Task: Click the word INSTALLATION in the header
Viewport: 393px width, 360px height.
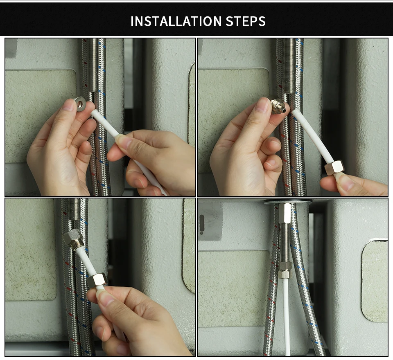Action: (176, 21)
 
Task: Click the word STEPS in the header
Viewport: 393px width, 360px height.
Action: (246, 21)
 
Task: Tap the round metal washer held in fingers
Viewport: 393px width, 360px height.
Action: (81, 104)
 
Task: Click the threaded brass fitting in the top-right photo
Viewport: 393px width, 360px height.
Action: (278, 106)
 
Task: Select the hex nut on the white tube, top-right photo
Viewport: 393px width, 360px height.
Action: (334, 168)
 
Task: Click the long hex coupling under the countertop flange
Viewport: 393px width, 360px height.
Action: (285, 213)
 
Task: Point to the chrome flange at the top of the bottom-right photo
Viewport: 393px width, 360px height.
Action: (288, 201)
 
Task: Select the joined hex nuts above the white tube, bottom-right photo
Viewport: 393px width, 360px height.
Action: (285, 270)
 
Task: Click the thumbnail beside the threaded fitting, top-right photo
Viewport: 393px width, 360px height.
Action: (262, 104)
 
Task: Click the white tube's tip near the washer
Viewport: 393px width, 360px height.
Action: (93, 112)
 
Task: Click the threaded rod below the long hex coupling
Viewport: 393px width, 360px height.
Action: (285, 243)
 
